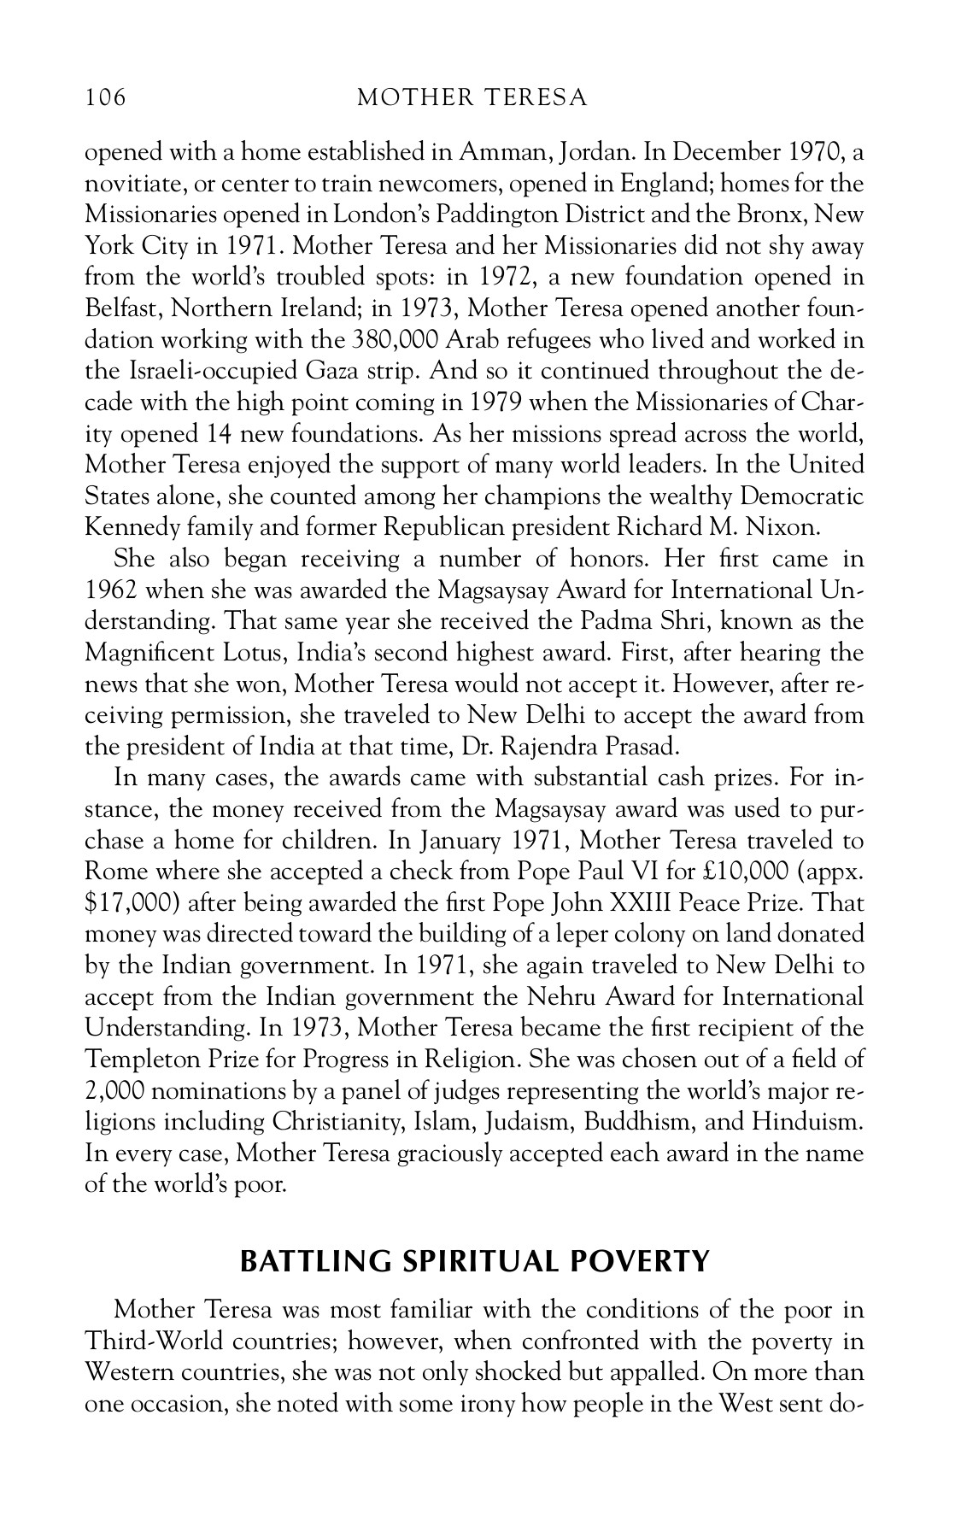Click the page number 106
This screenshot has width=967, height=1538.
click(x=105, y=98)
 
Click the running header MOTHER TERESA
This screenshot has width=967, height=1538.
click(x=472, y=98)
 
